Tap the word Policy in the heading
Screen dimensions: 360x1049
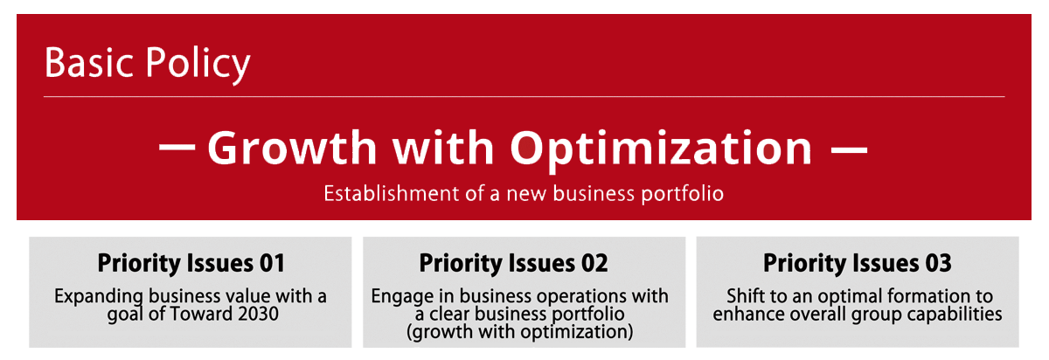click(x=197, y=65)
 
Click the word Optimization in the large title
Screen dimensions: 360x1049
click(x=661, y=149)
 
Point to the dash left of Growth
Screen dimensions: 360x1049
click(x=177, y=149)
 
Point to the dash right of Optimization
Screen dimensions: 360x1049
click(x=848, y=149)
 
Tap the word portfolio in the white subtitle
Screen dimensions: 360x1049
click(x=682, y=193)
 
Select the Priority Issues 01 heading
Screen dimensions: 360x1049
click(x=191, y=262)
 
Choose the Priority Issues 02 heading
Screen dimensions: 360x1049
click(x=513, y=262)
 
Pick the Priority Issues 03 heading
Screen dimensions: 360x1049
click(x=857, y=262)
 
